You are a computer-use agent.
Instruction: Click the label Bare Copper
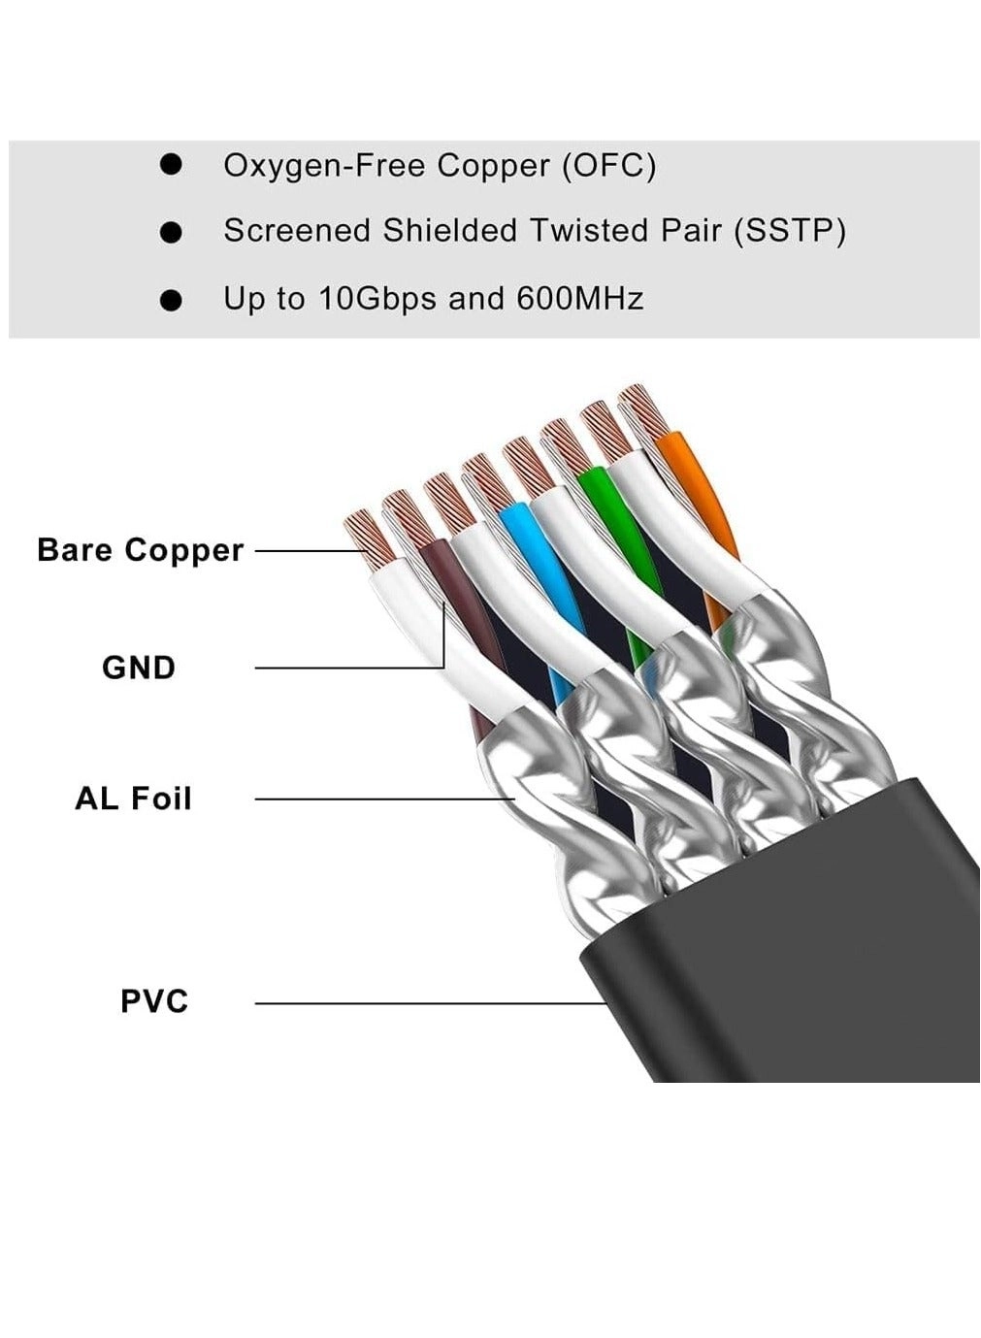tap(140, 550)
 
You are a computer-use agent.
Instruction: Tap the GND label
tap(139, 668)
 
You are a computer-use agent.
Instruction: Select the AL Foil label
tap(134, 799)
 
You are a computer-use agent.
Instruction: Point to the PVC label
tap(154, 1000)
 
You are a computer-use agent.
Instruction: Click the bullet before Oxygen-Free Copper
tap(172, 165)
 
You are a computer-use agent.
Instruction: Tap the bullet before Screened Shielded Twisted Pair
tap(172, 232)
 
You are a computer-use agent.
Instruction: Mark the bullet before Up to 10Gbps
tap(172, 300)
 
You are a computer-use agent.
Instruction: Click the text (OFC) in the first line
tap(609, 165)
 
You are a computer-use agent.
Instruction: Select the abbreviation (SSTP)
tap(790, 231)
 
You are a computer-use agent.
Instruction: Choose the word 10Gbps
tap(378, 298)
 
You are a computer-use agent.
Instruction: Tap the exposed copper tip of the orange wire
tap(642, 409)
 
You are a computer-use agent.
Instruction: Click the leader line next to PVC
tap(427, 1002)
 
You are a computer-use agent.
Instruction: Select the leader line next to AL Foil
tap(383, 799)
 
